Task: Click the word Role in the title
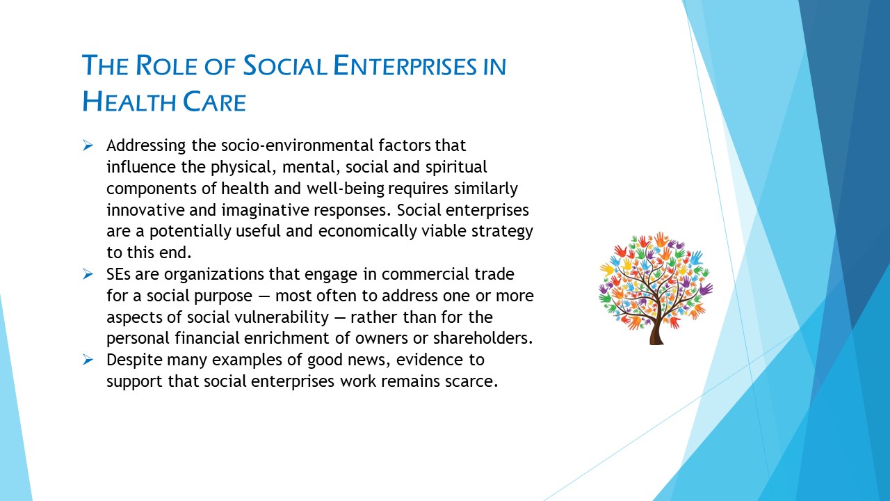coord(166,65)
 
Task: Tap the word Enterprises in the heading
coord(405,65)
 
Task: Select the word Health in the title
coord(129,102)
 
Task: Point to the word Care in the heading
coord(215,102)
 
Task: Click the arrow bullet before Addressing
coord(88,145)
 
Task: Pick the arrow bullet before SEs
coord(88,274)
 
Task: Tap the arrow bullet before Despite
coord(88,360)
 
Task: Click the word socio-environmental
coord(298,145)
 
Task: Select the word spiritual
coord(456,168)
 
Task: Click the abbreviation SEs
coord(118,274)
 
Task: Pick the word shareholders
coord(483,338)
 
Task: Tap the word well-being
coord(346,189)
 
